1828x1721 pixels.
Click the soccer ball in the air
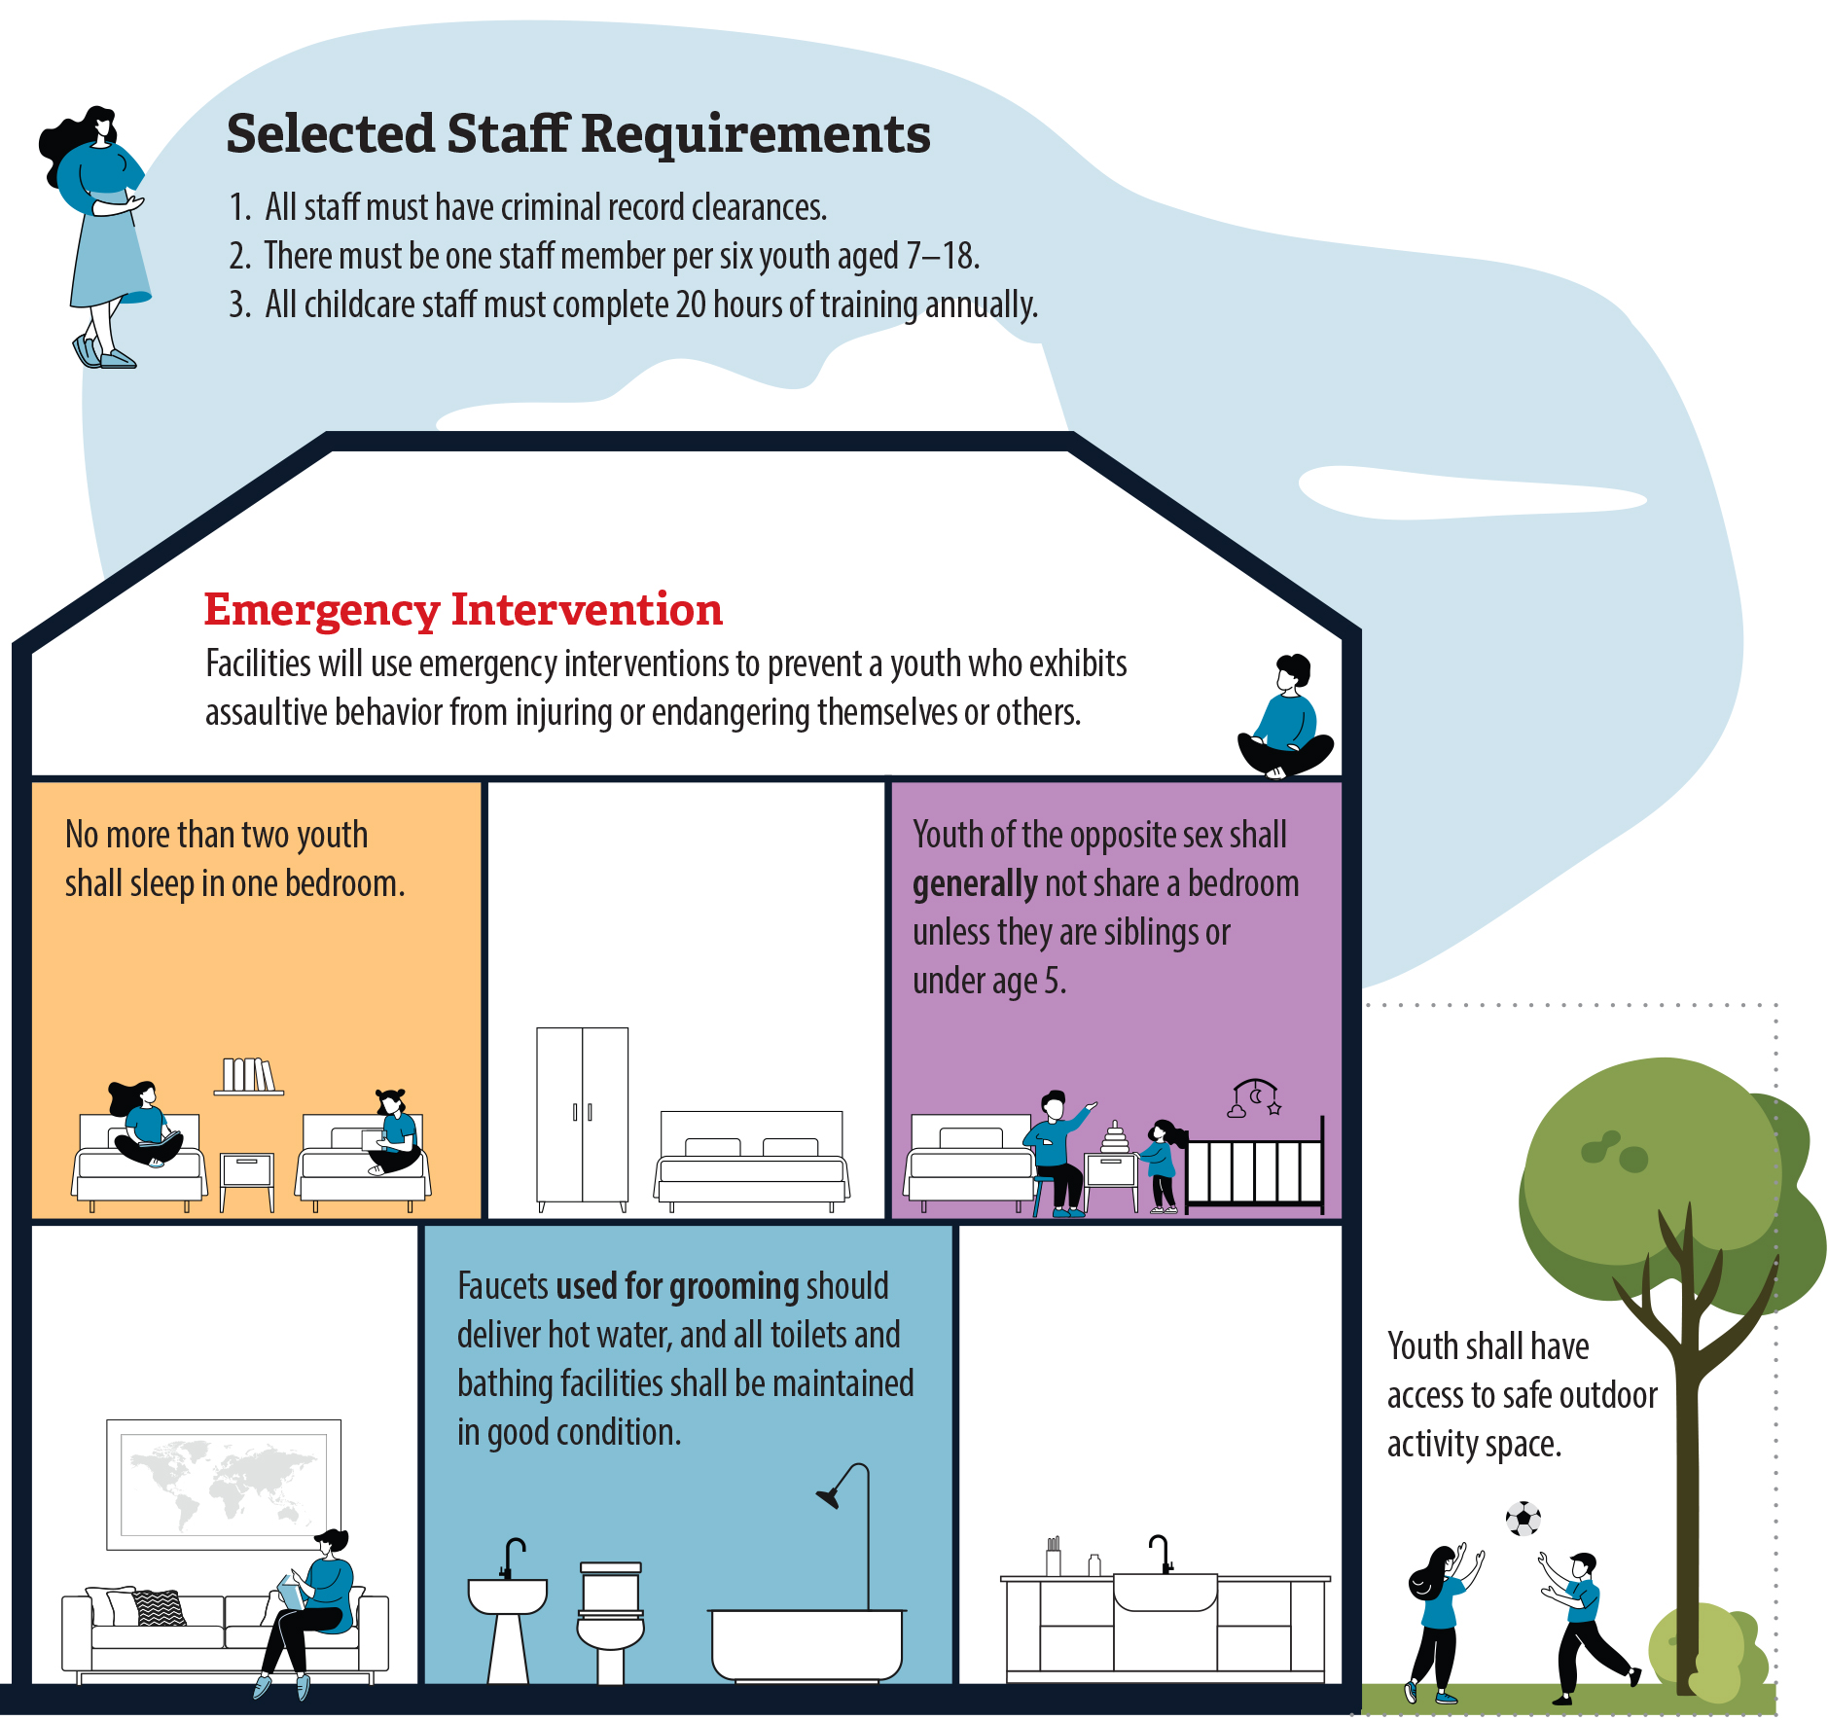1523,1519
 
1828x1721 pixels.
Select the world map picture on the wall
224,1484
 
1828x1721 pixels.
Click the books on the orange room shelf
248,1075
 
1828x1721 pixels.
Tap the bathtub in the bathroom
806,1643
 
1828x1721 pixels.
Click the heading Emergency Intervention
463,610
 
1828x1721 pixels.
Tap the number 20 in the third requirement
691,305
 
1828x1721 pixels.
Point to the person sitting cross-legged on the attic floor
1285,721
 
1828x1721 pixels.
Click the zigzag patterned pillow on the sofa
160,1607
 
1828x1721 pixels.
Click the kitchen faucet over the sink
1162,1553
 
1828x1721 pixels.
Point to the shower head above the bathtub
830,1496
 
